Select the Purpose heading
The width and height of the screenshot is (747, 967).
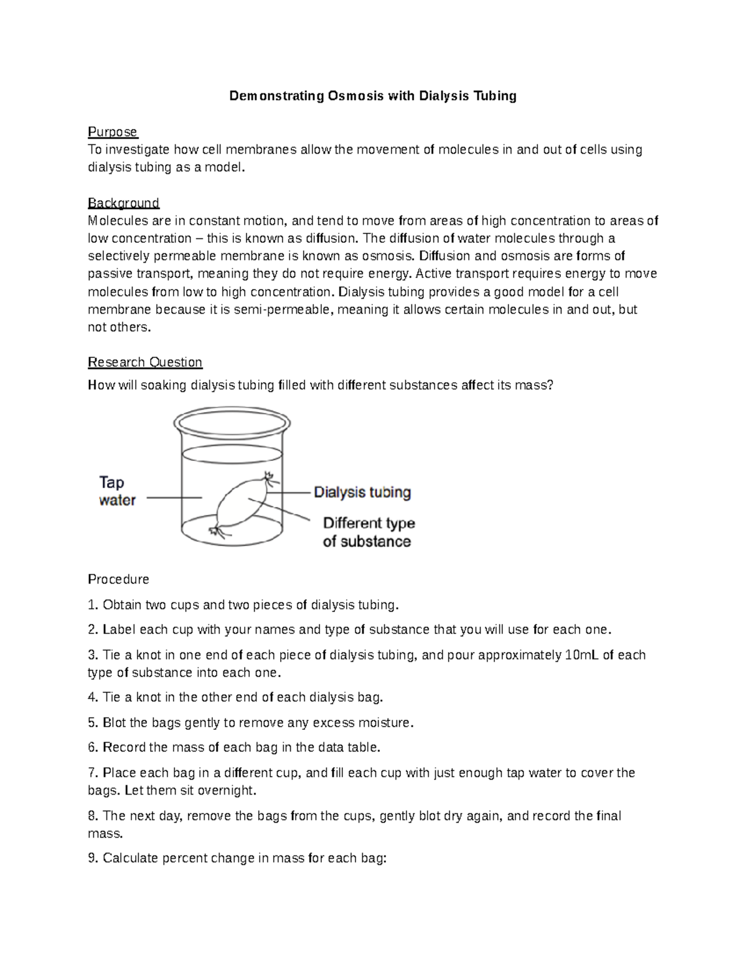113,132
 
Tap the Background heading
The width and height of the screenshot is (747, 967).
123,203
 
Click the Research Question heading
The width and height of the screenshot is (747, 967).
145,362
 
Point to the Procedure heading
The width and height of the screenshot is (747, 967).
118,579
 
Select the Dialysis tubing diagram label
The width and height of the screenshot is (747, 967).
362,493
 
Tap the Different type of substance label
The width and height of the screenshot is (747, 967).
368,532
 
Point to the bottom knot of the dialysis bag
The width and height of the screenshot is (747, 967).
217,531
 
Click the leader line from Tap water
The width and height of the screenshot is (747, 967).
174,498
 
